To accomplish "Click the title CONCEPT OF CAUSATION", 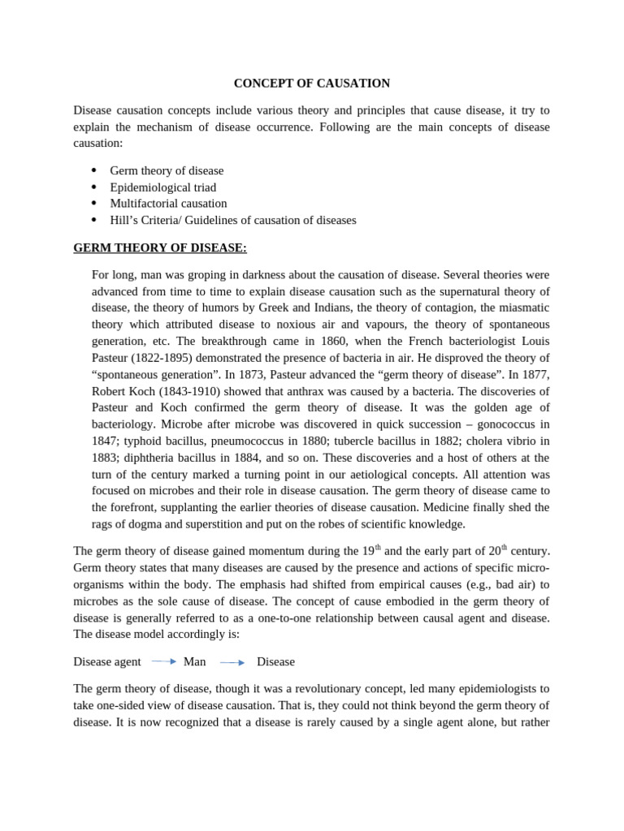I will click(x=312, y=84).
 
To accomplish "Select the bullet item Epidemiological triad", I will click(x=162, y=187).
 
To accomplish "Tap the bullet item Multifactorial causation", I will click(x=168, y=204).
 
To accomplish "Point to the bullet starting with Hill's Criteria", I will click(x=232, y=220).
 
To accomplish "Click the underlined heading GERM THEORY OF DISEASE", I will click(x=160, y=248).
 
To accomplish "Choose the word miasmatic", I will click(x=519, y=308).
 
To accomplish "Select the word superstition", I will click(x=211, y=524).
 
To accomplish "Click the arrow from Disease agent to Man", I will click(x=163, y=661).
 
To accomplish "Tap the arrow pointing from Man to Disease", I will click(x=232, y=662).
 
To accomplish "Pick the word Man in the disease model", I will click(x=194, y=662).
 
